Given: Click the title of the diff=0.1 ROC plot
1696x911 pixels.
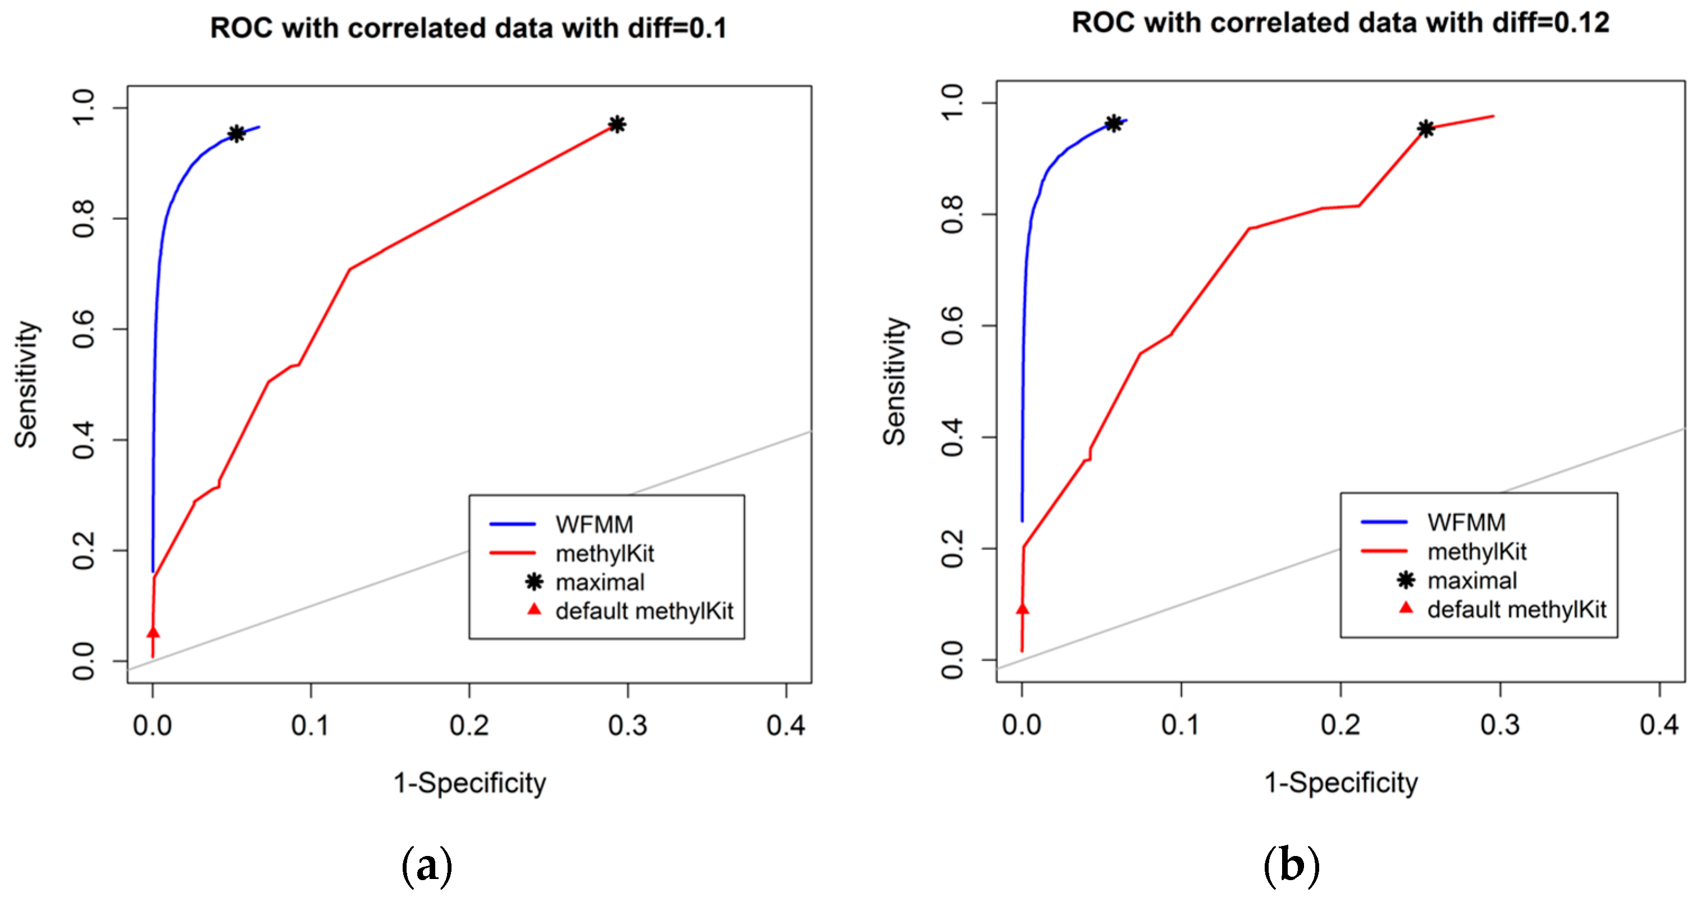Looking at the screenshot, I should click(468, 28).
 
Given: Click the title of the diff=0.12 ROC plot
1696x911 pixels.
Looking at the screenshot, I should click(1340, 23).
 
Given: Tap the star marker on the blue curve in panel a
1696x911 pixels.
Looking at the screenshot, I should click(236, 134).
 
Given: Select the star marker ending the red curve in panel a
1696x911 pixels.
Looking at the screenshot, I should click(617, 125).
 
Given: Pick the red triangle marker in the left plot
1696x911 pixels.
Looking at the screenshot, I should click(153, 632).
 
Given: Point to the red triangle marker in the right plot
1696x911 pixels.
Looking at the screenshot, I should click(1022, 609).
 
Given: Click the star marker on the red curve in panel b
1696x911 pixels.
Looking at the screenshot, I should click(1425, 129).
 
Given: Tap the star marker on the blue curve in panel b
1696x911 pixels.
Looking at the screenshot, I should click(1113, 123).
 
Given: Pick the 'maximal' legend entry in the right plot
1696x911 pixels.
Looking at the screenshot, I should click(1471, 580).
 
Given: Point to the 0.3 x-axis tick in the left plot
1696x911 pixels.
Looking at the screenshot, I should click(627, 725).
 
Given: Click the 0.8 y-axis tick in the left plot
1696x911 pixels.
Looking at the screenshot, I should click(84, 218).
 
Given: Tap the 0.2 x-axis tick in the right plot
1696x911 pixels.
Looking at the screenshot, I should click(1341, 725).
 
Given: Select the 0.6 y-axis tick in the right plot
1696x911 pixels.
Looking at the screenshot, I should click(954, 326).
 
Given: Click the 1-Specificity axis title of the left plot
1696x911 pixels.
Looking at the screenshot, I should click(469, 783).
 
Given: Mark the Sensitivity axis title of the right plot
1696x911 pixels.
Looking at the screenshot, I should click(895, 382).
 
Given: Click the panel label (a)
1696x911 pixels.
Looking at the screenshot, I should click(427, 866).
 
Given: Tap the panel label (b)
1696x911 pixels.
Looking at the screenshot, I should click(1291, 866).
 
